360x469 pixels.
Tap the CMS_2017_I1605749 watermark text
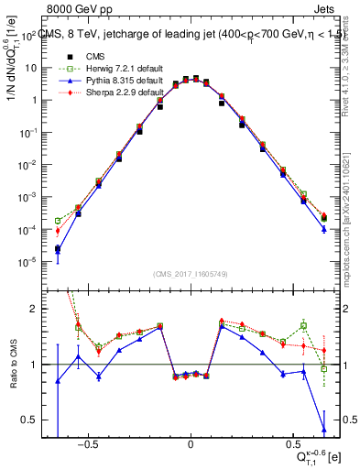(x=191, y=275)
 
